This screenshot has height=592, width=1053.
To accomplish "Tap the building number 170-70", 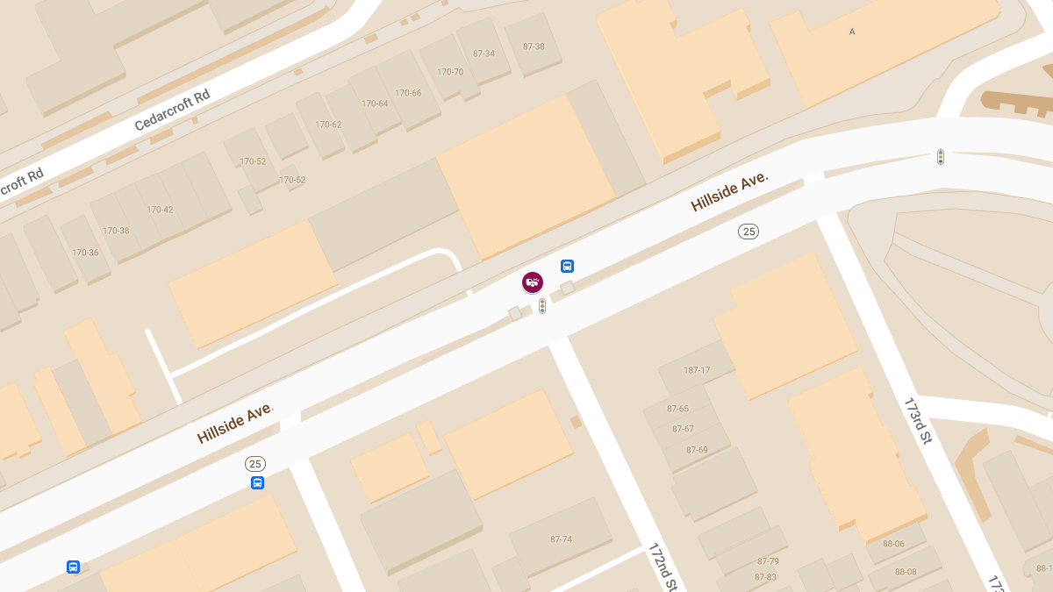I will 450,72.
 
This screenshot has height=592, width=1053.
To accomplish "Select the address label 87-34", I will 484,53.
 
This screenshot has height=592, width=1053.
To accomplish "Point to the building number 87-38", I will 534,46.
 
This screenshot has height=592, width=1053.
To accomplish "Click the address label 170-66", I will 408,93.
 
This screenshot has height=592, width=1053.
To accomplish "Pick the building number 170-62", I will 328,125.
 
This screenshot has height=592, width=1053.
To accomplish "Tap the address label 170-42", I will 160,210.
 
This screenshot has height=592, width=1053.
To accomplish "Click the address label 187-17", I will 697,370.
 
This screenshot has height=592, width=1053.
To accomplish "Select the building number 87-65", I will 677,409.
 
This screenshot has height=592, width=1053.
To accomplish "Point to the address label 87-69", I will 697,450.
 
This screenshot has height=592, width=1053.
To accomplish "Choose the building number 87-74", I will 561,539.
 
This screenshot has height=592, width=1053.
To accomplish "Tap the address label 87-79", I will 768,561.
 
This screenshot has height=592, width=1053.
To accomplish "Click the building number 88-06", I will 893,544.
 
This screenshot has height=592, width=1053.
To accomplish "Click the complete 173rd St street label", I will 917,421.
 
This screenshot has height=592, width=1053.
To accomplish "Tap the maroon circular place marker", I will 533,282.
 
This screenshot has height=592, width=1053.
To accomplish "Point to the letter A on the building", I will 852,32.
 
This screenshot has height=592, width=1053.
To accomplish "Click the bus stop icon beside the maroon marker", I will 567,266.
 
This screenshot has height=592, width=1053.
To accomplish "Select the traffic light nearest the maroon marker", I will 542,306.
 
